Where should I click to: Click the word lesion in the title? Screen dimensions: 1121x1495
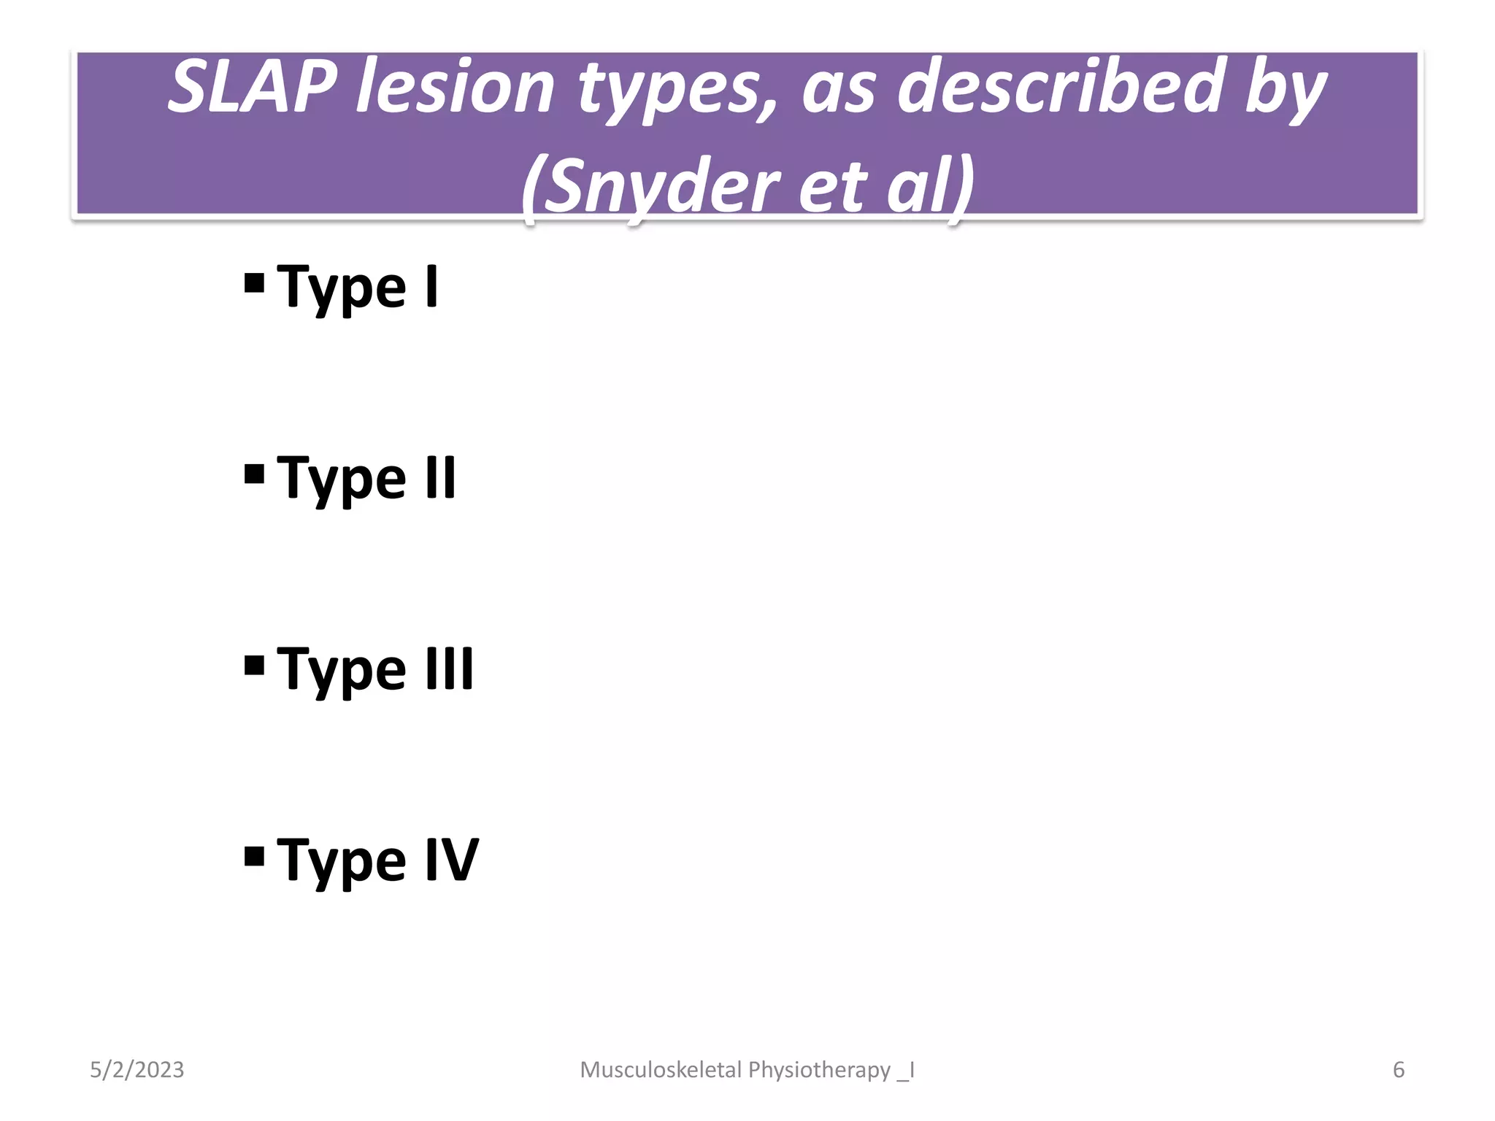click(x=456, y=88)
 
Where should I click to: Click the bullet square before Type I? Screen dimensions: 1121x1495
click(x=254, y=282)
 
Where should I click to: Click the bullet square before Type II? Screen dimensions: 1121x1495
click(x=254, y=474)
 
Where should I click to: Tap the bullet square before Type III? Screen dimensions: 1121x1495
click(x=254, y=665)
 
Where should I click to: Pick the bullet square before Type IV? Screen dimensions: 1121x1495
click(x=254, y=855)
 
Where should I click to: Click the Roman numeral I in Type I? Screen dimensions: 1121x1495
click(x=431, y=286)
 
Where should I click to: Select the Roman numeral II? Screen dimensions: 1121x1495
click(x=440, y=477)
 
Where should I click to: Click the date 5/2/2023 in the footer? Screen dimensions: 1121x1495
click(x=137, y=1070)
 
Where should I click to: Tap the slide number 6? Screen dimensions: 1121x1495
click(x=1399, y=1070)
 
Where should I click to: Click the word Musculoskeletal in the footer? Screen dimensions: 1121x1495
click(x=661, y=1070)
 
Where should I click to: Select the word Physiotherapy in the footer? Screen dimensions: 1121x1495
click(x=819, y=1070)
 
